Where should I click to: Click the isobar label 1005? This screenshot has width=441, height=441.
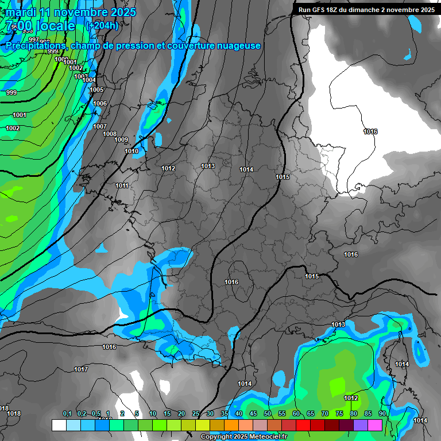point(96,90)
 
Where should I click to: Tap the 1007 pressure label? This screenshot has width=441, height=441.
point(100,126)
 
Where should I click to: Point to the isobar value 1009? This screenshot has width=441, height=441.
point(121,140)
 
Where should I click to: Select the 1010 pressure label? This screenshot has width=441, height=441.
point(131,151)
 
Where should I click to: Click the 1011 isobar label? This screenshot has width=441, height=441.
point(122,185)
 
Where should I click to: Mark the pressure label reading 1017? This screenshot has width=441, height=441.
point(81,369)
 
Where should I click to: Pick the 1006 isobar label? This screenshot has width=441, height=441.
point(100,103)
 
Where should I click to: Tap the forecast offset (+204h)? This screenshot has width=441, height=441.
point(102,25)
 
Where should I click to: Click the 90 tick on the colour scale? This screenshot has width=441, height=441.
point(382,413)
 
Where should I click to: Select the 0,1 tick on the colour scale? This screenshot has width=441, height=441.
point(67,413)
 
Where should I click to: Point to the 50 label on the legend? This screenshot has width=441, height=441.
point(268,413)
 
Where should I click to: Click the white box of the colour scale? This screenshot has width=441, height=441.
point(59,425)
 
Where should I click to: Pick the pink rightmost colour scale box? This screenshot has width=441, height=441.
point(375,425)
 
